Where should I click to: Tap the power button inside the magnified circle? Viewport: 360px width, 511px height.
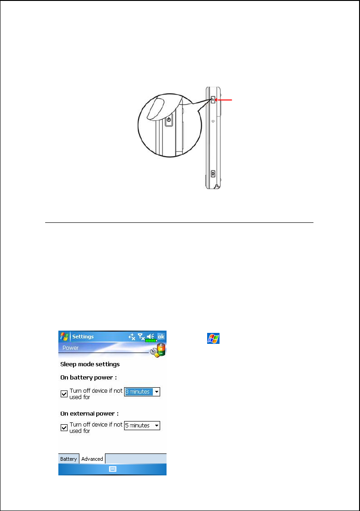pyautogui.click(x=169, y=120)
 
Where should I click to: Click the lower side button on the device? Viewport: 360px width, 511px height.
pyautogui.click(x=213, y=174)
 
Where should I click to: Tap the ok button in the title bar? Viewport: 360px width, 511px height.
pyautogui.click(x=161, y=337)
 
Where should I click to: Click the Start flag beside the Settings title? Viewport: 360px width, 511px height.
pyautogui.click(x=64, y=337)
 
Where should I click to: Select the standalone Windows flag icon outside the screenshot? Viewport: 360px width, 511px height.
pyautogui.click(x=213, y=338)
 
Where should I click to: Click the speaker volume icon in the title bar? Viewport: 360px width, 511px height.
pyautogui.click(x=151, y=337)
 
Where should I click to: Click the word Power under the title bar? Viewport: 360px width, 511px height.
pyautogui.click(x=71, y=348)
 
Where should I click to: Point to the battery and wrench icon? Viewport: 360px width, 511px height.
pyautogui.click(x=158, y=350)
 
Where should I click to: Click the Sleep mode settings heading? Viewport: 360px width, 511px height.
pyautogui.click(x=83, y=364)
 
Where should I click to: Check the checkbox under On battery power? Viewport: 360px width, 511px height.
pyautogui.click(x=64, y=394)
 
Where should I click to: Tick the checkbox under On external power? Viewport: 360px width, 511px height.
pyautogui.click(x=64, y=427)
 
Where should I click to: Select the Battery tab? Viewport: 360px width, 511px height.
pyautogui.click(x=68, y=459)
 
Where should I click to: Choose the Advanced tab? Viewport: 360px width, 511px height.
pyautogui.click(x=92, y=459)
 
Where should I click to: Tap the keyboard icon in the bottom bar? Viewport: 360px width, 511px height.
pyautogui.click(x=113, y=469)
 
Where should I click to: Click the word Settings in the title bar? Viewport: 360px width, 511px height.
pyautogui.click(x=83, y=337)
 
